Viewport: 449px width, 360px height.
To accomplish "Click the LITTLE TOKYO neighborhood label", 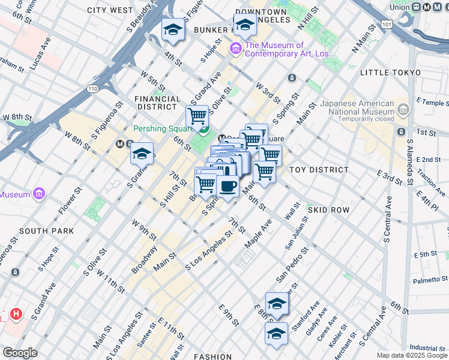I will point(392,73).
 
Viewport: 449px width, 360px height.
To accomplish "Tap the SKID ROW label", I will point(328,210).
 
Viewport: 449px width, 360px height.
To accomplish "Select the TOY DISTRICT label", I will point(319,170).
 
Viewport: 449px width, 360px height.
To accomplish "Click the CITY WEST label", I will point(110,10).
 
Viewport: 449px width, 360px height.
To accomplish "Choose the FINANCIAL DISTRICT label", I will point(158,103).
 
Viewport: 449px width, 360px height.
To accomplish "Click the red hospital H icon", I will point(16,313).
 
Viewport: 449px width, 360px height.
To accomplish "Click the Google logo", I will point(19,353).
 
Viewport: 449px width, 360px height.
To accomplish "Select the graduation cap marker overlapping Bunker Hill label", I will point(244,25).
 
